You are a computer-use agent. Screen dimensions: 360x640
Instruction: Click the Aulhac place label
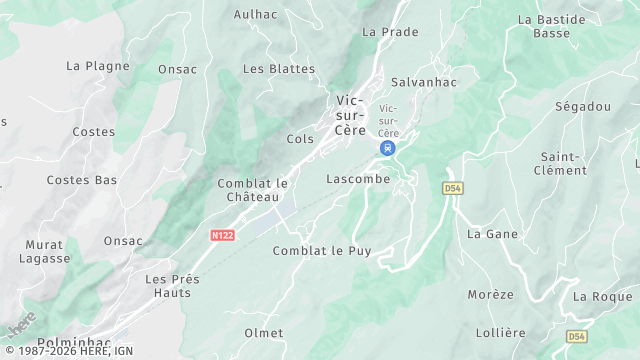(255, 14)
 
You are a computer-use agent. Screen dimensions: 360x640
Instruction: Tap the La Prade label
(390, 32)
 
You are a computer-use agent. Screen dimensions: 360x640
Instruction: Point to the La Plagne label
(98, 66)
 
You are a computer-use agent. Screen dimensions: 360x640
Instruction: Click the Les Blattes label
(279, 69)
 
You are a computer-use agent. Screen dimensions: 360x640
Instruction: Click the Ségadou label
(583, 106)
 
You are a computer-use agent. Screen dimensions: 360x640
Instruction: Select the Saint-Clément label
(564, 163)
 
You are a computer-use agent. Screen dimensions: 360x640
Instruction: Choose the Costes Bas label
(82, 180)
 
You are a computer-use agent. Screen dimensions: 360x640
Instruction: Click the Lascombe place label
(358, 179)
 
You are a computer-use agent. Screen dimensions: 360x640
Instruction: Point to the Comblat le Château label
(252, 190)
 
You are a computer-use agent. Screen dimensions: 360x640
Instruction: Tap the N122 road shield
(222, 236)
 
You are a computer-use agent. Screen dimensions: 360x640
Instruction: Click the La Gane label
(490, 234)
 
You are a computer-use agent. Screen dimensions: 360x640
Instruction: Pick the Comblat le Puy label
(322, 251)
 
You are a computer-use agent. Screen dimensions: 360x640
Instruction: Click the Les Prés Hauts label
(172, 285)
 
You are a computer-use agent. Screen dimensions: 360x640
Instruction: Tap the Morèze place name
(490, 295)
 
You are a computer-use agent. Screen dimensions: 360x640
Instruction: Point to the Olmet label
(264, 333)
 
